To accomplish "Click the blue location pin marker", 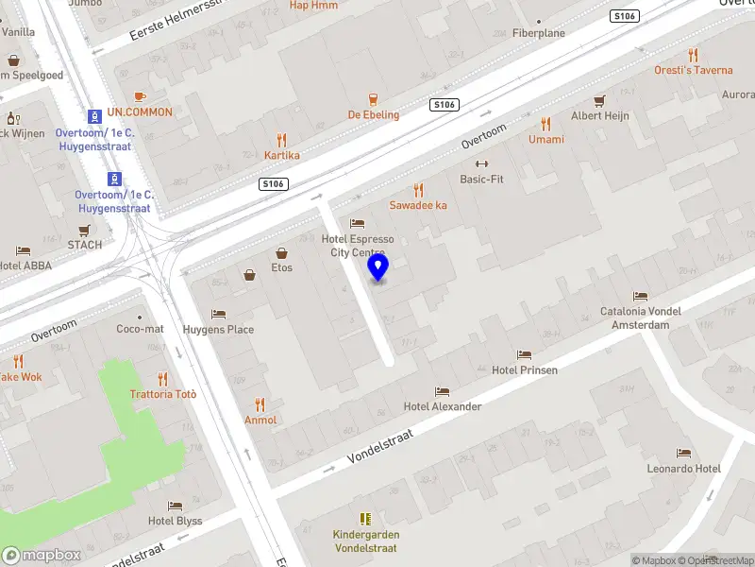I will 378,267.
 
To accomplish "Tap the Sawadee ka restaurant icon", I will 419,190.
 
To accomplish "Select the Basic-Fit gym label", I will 481,179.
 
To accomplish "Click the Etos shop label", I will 282,267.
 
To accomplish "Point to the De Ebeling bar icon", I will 374,98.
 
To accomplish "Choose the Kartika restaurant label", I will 282,155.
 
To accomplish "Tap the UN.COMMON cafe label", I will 140,112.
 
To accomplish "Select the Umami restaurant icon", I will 545,124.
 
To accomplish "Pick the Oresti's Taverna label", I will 694,70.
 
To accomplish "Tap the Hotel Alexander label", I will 443,406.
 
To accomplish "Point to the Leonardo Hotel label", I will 683,469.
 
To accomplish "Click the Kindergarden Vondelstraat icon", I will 365,519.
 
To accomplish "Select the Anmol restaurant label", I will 260,420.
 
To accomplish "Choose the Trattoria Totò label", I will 163,394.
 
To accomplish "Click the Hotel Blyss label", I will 175,521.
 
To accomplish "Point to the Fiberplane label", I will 539,33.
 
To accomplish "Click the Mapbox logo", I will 42,555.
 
